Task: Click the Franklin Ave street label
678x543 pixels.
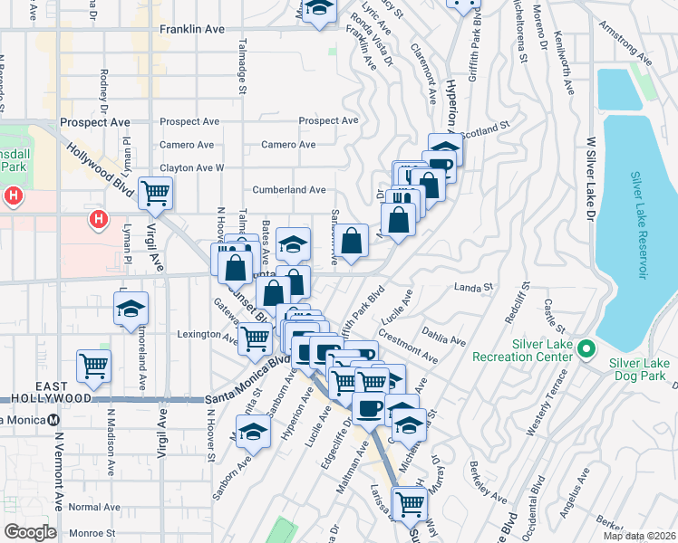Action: coord(191,29)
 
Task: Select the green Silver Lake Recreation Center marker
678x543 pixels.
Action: coord(586,348)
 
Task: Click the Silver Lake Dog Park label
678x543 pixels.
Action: coord(640,369)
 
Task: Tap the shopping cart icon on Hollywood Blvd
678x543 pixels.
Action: coord(155,193)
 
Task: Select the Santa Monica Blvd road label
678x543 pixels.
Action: coord(241,385)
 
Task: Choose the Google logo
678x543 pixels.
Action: coord(30,532)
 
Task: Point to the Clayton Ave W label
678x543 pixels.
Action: coord(191,167)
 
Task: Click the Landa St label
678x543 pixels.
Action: coord(473,287)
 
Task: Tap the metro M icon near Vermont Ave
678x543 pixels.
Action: coord(54,419)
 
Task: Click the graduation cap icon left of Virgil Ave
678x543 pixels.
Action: coord(131,310)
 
